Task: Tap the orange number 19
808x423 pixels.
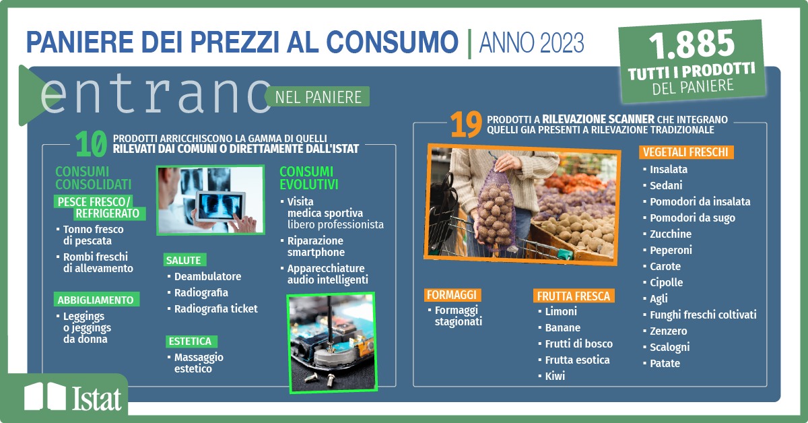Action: click(466, 124)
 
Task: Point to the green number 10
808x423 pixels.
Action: click(92, 143)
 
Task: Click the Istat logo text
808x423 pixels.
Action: click(96, 399)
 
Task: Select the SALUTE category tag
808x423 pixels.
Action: click(184, 260)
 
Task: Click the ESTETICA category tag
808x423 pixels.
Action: click(191, 341)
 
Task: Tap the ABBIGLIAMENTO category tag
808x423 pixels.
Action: click(96, 300)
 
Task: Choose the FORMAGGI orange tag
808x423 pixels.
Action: click(452, 295)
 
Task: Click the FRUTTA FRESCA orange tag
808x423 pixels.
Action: click(574, 296)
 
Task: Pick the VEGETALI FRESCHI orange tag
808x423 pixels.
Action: click(685, 152)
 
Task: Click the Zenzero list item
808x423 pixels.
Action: click(668, 331)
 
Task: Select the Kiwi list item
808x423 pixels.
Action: click(555, 376)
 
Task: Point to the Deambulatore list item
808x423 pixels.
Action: click(207, 276)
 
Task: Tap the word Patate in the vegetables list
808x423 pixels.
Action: click(665, 363)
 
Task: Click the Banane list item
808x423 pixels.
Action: click(563, 328)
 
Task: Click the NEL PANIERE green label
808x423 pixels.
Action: click(318, 97)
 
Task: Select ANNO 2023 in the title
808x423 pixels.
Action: click(531, 42)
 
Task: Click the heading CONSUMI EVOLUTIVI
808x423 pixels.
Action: click(309, 178)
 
